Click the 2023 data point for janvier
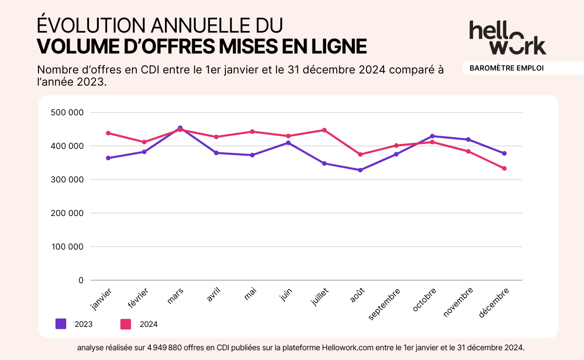tap(108, 158)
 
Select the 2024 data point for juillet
tap(324, 130)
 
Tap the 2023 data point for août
tap(360, 170)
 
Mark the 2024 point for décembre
tap(504, 168)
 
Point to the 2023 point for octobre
tap(432, 136)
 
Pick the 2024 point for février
tap(144, 142)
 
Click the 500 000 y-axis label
tap(67, 112)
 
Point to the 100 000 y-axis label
tap(67, 247)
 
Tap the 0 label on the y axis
tap(81, 280)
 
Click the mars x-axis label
tap(175, 296)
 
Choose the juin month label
tap(286, 295)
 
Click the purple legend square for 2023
tap(61, 324)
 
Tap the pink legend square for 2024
tap(126, 324)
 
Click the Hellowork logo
tap(508, 37)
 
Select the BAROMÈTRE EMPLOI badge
tap(506, 68)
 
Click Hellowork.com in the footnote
tap(349, 348)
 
